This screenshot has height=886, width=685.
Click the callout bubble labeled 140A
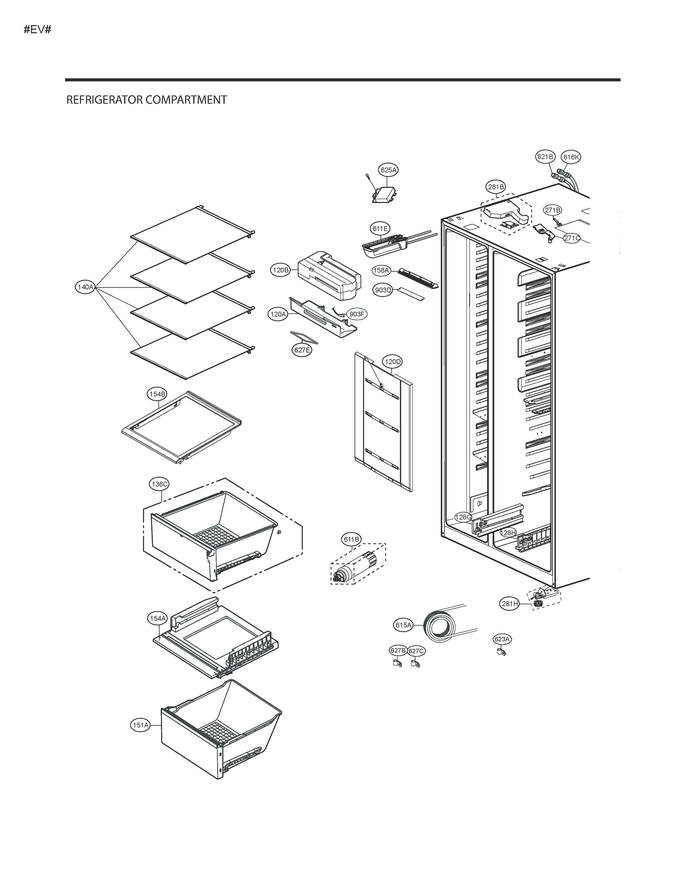85,287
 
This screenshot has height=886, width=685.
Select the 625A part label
388,170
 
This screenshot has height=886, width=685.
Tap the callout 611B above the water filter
352,539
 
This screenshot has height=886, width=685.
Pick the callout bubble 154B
157,394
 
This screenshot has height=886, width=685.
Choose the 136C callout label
159,484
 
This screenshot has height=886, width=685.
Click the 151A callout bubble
140,725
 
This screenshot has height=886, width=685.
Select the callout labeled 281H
510,604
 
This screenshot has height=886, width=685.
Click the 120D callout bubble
393,361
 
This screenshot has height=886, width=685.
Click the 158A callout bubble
381,270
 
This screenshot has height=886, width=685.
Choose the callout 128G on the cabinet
463,517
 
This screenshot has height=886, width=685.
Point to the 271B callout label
553,210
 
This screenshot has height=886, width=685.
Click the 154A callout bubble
157,618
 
